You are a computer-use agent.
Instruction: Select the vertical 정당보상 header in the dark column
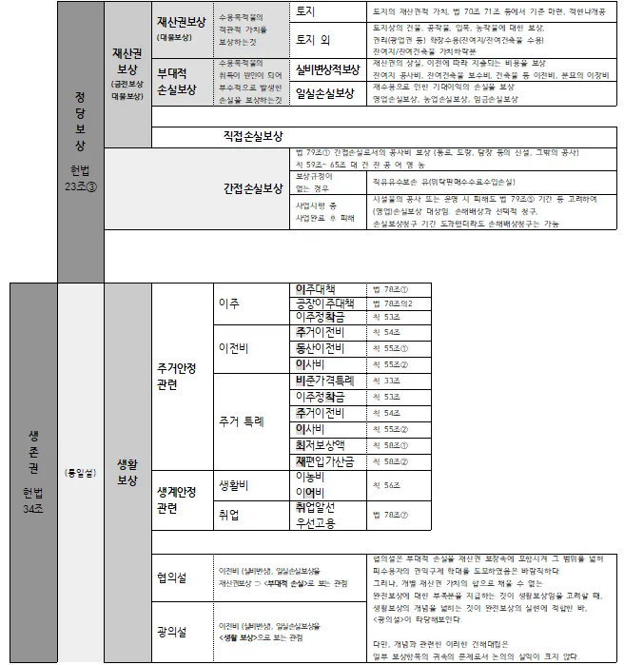80,121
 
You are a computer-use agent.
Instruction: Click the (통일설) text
80,471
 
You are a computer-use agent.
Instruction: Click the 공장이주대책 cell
325,303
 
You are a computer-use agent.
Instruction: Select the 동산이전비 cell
325,349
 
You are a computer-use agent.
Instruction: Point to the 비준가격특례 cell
325,380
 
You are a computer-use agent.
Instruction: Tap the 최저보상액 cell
325,444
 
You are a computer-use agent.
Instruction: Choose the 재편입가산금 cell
325,460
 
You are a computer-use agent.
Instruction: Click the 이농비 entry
310,477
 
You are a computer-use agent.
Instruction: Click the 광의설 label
172,632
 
